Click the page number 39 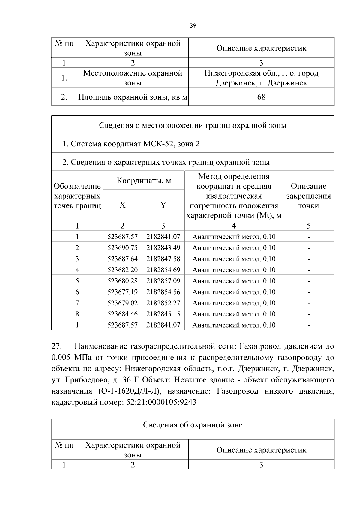tap(193, 26)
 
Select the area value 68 tap(261, 97)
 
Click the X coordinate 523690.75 tap(122, 248)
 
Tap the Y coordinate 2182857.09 tap(163, 281)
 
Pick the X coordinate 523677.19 tap(122, 292)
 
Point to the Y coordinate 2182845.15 tap(163, 314)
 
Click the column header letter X tap(122, 205)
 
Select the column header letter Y tap(163, 205)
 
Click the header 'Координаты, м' tap(144, 181)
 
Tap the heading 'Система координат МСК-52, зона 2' tap(131, 144)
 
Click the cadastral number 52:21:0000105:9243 tap(161, 402)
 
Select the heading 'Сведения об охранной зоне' tap(193, 425)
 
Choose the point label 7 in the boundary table tap(77, 303)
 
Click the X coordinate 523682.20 tap(122, 270)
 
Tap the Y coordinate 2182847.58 tap(163, 259)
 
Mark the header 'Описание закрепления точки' tap(308, 196)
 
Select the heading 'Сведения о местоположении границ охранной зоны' tap(193, 125)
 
